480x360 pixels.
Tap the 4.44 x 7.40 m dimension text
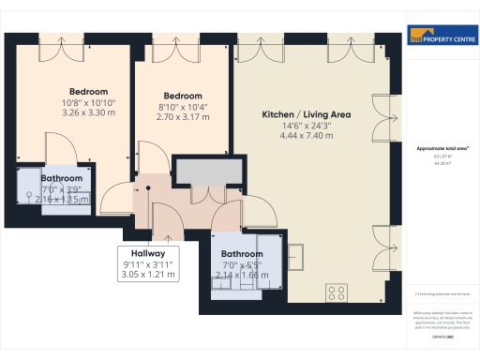click(x=307, y=135)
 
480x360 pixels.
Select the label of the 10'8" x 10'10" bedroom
click(x=88, y=91)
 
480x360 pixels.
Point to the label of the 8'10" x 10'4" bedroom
click(x=183, y=97)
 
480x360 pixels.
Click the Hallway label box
click(x=148, y=253)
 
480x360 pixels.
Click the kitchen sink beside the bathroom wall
click(x=295, y=254)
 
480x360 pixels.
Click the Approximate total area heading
click(x=442, y=148)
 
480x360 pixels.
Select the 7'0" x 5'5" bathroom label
click(x=243, y=254)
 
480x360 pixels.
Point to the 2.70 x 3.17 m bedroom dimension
click(x=183, y=117)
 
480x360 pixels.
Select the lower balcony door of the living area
click(x=378, y=246)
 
